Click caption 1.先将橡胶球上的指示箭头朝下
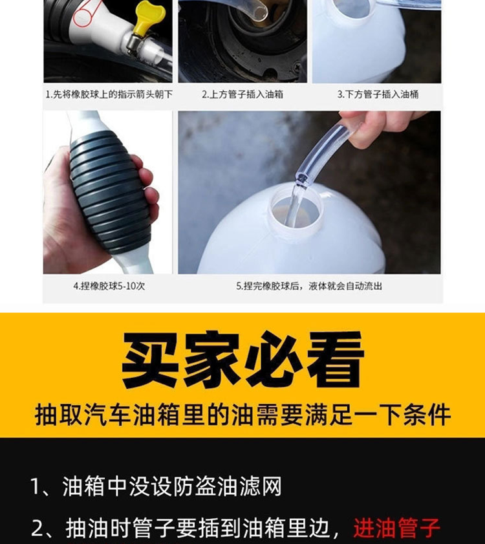click(x=109, y=94)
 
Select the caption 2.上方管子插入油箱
click(x=242, y=94)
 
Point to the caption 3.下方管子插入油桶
click(x=378, y=94)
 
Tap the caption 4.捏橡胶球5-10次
click(x=109, y=286)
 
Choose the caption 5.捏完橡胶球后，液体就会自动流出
click(x=309, y=286)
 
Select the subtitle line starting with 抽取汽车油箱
click(x=242, y=414)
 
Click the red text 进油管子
click(x=397, y=528)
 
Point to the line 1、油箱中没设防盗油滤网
click(x=156, y=486)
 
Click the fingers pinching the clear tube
click(x=368, y=128)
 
